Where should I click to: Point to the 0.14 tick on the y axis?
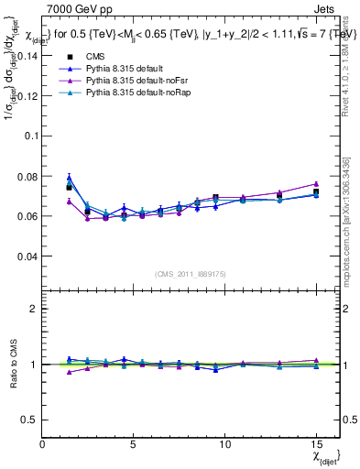[27, 55]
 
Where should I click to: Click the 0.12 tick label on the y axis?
[27, 95]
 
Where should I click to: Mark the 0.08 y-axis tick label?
[27, 176]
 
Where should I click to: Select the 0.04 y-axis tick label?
[27, 256]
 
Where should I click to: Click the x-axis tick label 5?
[134, 445]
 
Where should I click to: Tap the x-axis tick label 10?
[224, 445]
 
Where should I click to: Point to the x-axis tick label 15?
[316, 445]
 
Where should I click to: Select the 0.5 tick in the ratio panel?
[31, 420]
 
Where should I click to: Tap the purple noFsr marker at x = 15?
[316, 184]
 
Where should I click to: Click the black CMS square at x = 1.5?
[70, 188]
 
